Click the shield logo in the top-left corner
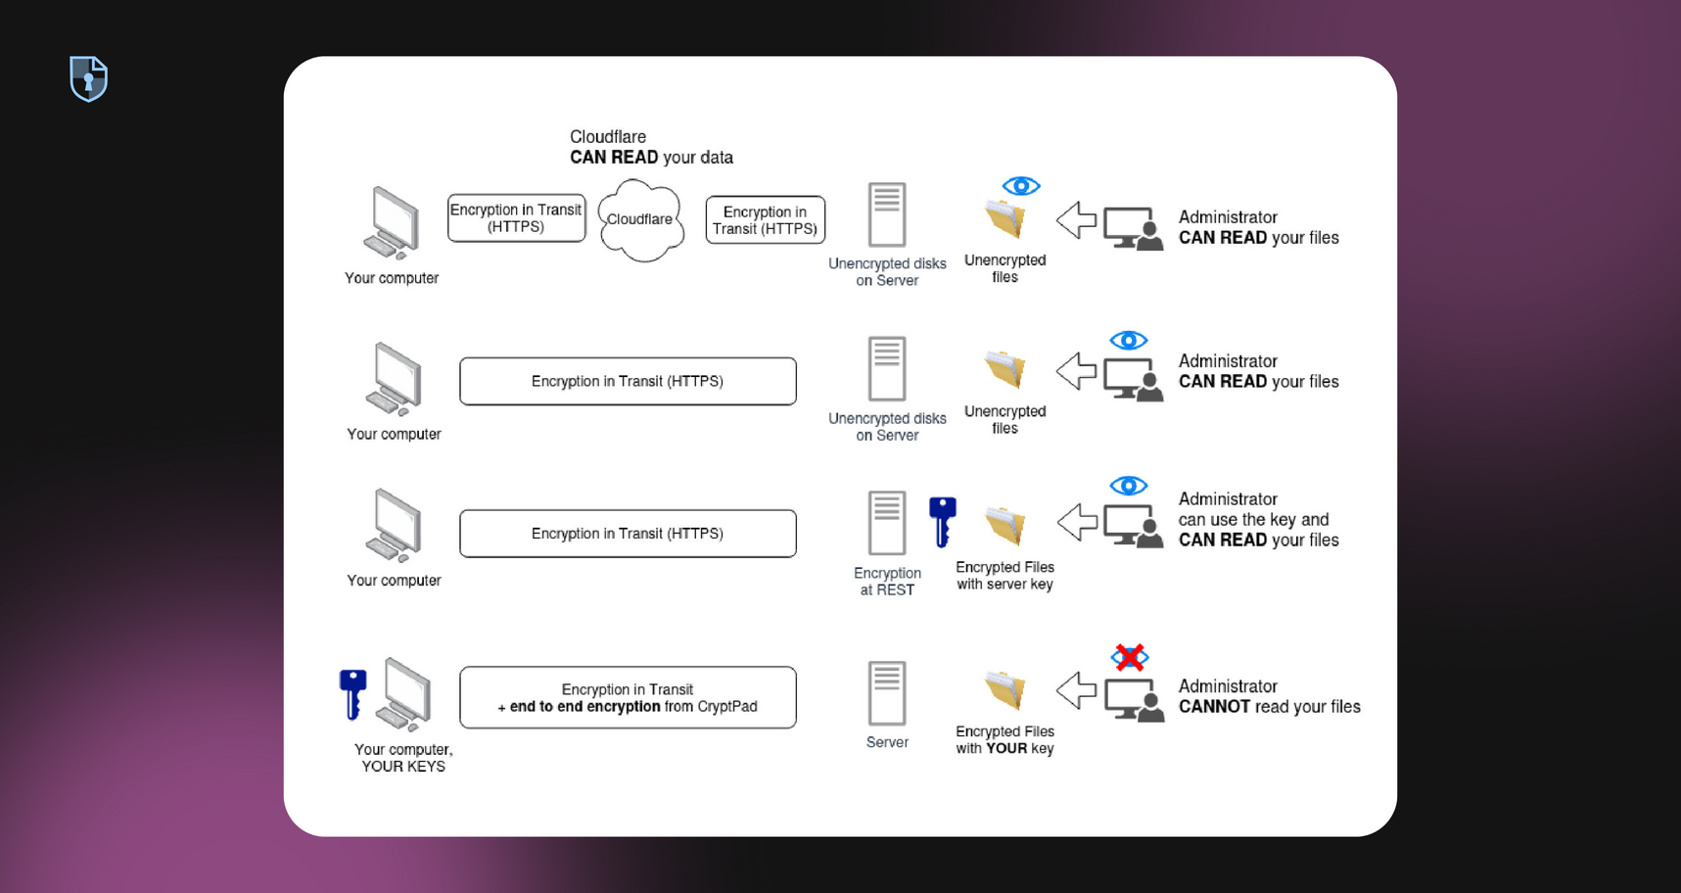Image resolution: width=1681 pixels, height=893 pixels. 88,78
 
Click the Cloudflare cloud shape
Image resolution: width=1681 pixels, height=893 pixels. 640,220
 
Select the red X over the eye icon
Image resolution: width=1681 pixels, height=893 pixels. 1129,657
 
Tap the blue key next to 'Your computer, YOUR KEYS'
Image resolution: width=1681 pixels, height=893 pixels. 352,692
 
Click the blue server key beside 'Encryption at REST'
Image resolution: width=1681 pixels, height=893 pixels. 942,521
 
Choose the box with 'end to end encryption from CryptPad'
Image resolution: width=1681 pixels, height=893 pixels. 628,698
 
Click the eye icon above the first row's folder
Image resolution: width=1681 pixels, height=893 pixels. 1020,186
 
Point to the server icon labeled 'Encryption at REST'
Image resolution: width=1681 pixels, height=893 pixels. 887,523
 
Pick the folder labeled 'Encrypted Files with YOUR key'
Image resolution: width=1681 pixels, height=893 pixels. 1005,690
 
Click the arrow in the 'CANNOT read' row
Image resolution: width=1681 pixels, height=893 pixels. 1076,690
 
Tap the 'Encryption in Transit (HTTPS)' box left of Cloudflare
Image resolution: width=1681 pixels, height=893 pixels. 516,218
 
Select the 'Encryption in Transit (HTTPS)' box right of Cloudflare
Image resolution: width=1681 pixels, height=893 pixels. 765,220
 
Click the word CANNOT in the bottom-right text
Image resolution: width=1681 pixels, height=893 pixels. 1214,707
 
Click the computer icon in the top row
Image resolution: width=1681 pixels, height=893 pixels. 393,223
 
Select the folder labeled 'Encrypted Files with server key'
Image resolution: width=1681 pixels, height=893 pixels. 1005,526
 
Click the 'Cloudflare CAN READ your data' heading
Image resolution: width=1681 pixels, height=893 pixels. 651,147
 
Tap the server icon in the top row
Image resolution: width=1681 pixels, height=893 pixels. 887,214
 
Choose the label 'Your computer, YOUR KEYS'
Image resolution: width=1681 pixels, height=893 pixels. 403,758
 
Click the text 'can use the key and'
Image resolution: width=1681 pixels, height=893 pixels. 1253,520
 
